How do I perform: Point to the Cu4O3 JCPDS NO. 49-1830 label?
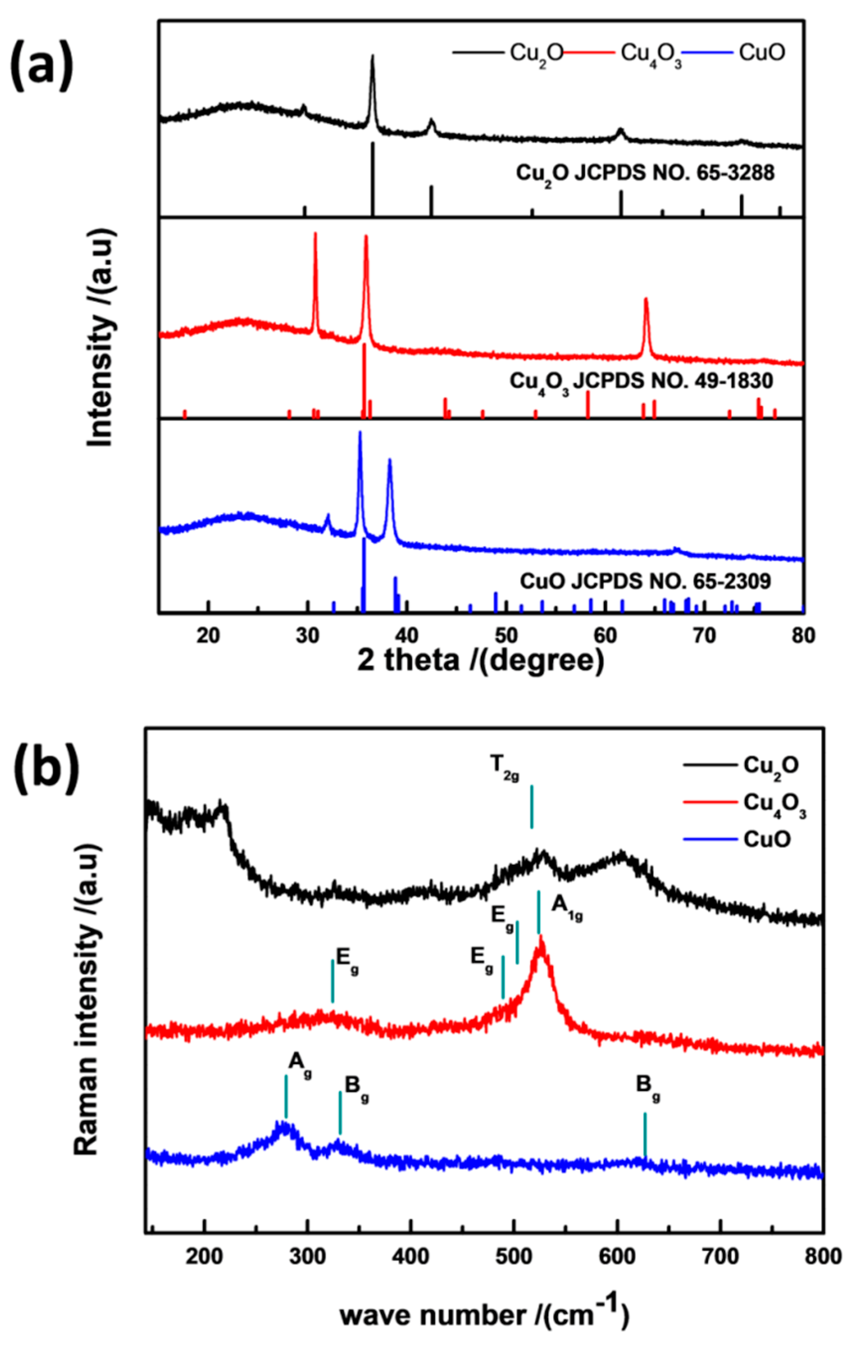coord(641,382)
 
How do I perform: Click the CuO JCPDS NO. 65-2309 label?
coord(645,582)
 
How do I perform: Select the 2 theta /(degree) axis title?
coord(481,661)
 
